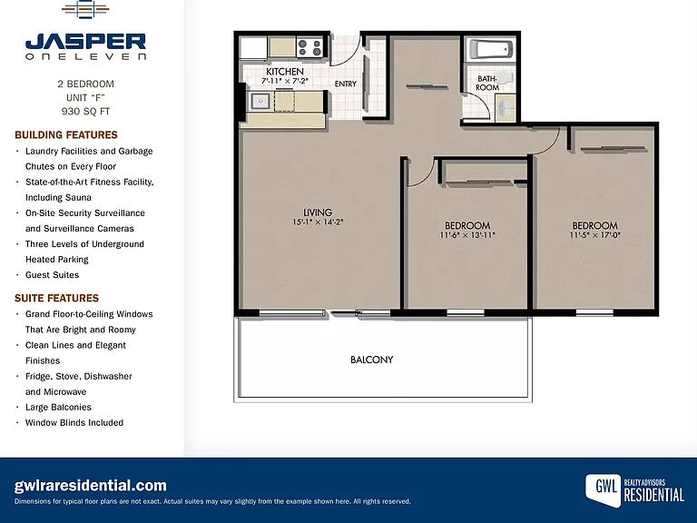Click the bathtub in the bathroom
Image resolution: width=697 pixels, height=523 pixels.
[x=491, y=49]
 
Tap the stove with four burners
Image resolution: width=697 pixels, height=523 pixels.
[x=309, y=47]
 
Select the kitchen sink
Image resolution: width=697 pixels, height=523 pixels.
[x=260, y=101]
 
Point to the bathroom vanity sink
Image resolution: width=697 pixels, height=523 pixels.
[x=505, y=108]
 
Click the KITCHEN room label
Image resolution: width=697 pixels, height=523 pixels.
[x=285, y=72]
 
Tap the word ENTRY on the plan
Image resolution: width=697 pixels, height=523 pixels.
[x=346, y=84]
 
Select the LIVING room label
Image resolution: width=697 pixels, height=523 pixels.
[x=318, y=212]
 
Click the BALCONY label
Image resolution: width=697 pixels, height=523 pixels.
[x=371, y=360]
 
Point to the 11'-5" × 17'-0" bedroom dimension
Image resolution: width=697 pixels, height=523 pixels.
[x=594, y=235]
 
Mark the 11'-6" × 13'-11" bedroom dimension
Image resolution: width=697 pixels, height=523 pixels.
[x=467, y=235]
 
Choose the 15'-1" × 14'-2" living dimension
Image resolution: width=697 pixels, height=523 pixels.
[x=318, y=222]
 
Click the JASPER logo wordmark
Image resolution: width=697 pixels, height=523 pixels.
[x=86, y=42]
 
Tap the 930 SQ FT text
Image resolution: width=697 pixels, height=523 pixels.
[x=86, y=111]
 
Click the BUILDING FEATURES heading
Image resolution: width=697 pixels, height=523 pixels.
[x=66, y=134]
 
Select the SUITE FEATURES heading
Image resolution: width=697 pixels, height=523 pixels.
[x=57, y=298]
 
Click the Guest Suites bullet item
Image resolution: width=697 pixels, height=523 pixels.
[x=52, y=275]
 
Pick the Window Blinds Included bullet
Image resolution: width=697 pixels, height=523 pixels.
[x=74, y=422]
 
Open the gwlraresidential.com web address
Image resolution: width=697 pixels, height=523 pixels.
[x=90, y=485]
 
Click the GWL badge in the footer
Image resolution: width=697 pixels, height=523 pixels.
[x=604, y=489]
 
